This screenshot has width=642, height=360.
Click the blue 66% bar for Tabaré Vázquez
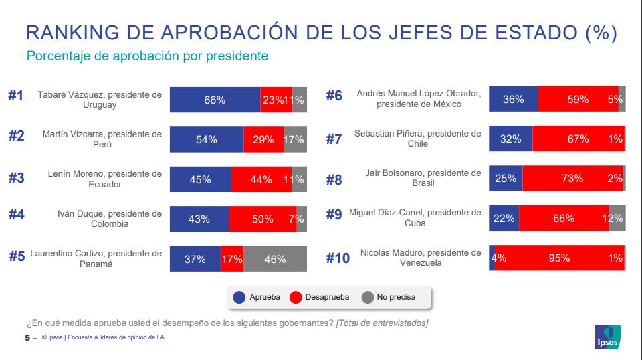tap(215, 100)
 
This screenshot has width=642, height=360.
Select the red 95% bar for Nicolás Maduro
tap(559, 258)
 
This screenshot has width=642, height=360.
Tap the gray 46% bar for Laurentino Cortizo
tap(275, 259)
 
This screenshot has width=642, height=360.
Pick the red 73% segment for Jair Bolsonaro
tap(572, 179)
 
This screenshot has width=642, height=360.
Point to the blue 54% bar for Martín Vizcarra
tap(207, 139)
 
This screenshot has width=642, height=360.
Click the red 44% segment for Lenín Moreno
tap(261, 179)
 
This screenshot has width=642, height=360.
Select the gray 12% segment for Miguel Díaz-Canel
tap(617, 218)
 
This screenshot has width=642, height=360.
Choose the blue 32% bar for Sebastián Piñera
tap(510, 139)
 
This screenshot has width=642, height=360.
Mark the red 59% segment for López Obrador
tap(578, 99)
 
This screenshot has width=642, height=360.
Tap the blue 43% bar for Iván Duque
tap(199, 219)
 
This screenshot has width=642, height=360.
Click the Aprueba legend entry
tap(253, 296)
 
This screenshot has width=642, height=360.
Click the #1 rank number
tap(15, 96)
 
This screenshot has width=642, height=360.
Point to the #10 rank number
tap(338, 258)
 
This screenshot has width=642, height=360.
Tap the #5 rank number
tap(17, 256)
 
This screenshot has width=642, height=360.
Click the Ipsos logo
tap(607, 337)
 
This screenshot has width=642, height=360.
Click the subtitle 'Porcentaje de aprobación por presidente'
tap(147, 56)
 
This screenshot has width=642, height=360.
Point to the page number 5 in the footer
tap(27, 337)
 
